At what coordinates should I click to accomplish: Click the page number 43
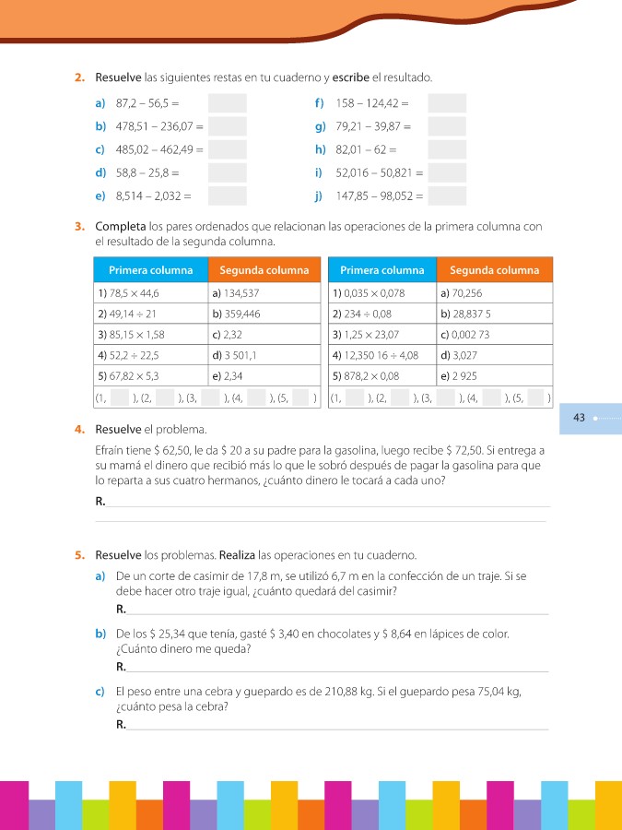pos(579,418)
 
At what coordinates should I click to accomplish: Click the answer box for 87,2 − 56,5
pos(227,103)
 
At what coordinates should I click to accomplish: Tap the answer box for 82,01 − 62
pos(447,149)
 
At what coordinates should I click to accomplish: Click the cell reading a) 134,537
pos(264,293)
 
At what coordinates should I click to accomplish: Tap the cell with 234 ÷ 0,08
pos(382,314)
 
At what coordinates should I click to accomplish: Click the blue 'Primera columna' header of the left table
pos(151,270)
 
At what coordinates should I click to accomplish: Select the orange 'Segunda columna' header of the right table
pos(494,270)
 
